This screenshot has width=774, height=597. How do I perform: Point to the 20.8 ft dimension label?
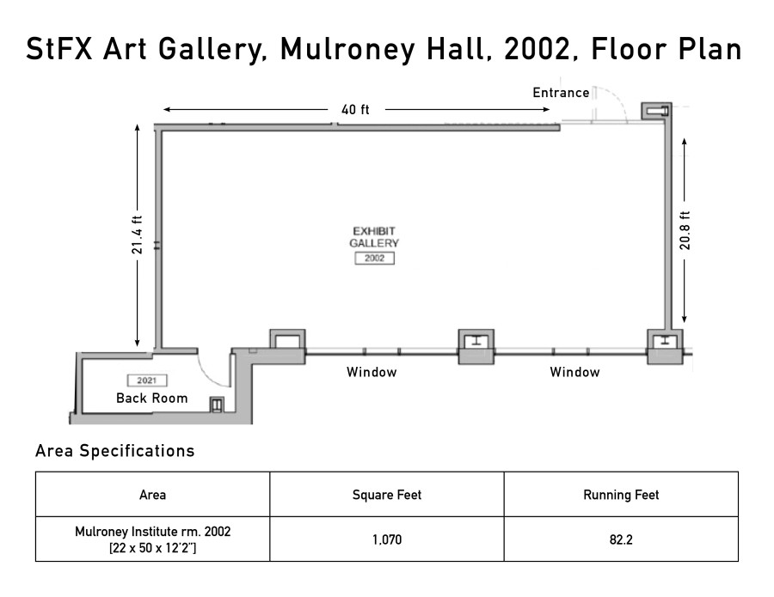point(685,230)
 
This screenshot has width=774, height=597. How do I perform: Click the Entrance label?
point(561,93)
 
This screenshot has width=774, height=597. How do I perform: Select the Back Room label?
point(152,398)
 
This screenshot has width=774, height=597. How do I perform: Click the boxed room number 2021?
point(146,380)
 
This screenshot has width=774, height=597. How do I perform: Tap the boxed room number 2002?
point(374,258)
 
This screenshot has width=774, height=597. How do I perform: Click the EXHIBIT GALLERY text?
point(374,236)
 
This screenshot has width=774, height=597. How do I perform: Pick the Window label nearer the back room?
point(372,372)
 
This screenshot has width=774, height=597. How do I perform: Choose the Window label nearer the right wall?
point(574,372)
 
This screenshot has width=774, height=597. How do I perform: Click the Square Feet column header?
point(386,495)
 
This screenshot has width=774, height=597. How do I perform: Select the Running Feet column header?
point(621,495)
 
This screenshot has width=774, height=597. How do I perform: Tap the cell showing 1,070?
point(387,539)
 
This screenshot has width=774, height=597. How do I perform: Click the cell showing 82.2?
point(621,539)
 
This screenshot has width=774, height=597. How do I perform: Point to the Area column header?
point(152,495)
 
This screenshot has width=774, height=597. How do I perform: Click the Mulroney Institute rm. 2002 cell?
point(152,539)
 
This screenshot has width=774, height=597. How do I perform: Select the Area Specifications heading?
point(114,451)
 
